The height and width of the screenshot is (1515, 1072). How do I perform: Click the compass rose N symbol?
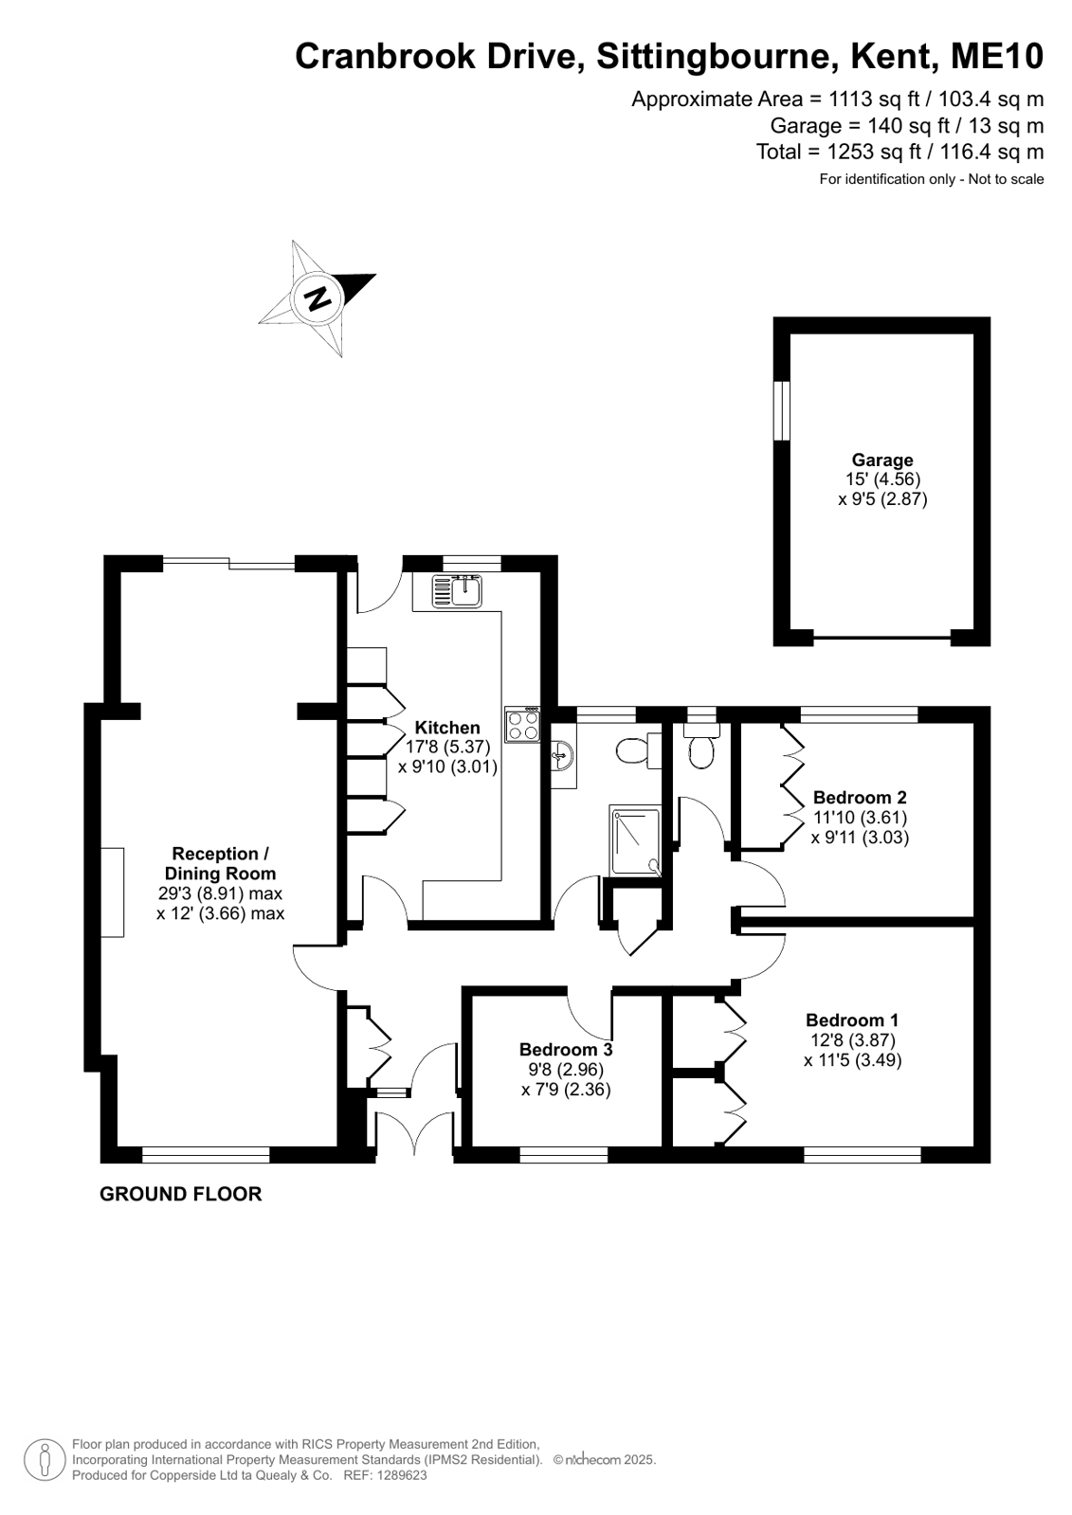coord(318,298)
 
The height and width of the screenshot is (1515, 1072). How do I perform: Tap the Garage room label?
coord(881,460)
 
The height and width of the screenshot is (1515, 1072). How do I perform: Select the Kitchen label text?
coord(447,728)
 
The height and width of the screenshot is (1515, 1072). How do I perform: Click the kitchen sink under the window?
coord(458,591)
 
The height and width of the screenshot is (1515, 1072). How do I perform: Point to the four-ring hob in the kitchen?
coord(523,726)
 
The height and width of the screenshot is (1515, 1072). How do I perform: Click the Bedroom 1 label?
coord(852,1019)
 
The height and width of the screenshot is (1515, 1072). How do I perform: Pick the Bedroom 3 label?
coord(566,1049)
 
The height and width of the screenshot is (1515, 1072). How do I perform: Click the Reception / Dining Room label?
coord(220,863)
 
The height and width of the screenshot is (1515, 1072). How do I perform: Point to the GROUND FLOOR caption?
coord(180,1194)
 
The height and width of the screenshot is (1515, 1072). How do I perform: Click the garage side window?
coord(781,410)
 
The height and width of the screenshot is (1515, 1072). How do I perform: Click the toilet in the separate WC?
coord(702,751)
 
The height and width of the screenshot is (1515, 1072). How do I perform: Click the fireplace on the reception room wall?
coord(113,893)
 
